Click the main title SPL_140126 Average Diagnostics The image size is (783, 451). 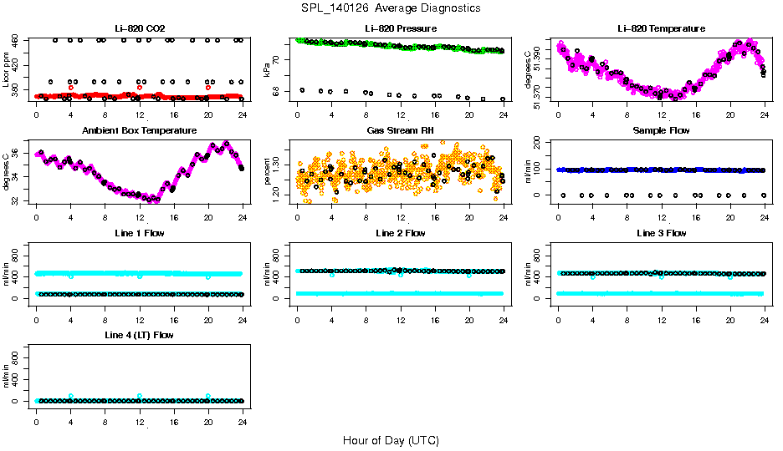(x=391, y=8)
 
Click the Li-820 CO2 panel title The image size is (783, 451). (x=140, y=28)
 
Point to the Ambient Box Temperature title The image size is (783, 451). (x=140, y=131)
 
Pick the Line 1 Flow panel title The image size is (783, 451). (x=140, y=233)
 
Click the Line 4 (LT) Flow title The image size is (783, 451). (x=140, y=335)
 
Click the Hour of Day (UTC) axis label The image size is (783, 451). (x=391, y=440)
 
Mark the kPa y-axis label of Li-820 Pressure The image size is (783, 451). (x=267, y=70)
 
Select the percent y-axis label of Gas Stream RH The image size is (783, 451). (x=267, y=172)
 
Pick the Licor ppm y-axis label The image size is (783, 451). (x=6, y=70)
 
